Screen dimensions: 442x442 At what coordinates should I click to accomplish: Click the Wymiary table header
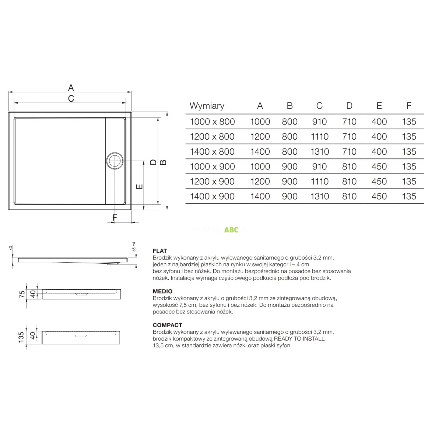207,106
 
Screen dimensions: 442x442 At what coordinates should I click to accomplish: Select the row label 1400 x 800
212,151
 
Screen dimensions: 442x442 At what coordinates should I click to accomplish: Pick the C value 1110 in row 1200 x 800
319,137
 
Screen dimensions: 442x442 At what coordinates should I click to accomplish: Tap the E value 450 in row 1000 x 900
379,166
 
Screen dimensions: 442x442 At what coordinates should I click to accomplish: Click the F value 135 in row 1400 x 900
409,196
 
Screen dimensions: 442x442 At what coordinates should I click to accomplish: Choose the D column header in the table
349,106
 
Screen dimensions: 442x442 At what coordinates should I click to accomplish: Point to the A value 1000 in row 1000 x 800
260,122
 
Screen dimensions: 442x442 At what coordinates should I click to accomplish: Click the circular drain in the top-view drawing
115,161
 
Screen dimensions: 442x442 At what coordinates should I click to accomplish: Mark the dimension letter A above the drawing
71,88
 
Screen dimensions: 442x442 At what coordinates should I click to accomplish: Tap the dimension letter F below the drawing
115,218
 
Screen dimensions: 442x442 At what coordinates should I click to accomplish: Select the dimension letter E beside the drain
139,186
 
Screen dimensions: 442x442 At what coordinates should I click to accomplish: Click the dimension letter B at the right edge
164,162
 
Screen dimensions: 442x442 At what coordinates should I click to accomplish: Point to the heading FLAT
160,251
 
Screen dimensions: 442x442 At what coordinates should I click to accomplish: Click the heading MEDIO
162,291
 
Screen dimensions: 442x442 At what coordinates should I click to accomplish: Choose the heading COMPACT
167,325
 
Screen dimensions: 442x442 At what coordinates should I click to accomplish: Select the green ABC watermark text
231,230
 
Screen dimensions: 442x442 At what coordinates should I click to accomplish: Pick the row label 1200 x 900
212,182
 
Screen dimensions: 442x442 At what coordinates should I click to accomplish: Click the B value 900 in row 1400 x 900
290,196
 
